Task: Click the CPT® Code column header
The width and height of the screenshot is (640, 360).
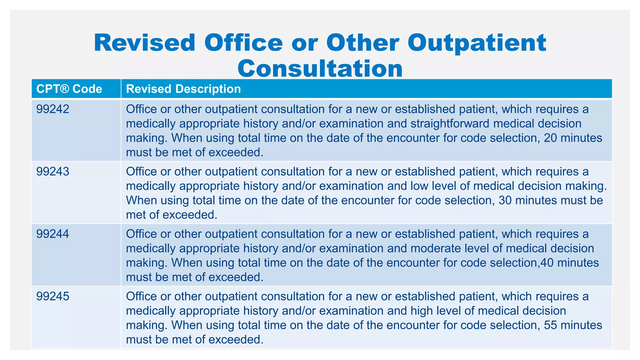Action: [x=69, y=89]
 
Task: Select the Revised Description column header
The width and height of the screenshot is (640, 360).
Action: [x=183, y=89]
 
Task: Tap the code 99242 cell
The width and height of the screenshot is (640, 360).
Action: [x=53, y=109]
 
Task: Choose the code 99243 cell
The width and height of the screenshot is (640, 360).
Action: [x=53, y=172]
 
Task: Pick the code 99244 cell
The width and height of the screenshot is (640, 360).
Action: [x=53, y=234]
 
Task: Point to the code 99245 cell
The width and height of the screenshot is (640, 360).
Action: [x=53, y=296]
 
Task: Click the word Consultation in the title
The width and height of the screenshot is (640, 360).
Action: [x=320, y=68]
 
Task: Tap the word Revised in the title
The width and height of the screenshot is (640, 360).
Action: [x=144, y=43]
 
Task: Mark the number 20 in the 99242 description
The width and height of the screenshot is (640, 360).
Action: [x=550, y=138]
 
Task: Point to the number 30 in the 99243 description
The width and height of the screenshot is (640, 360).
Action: [x=505, y=200]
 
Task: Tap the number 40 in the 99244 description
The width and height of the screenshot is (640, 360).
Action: [x=547, y=263]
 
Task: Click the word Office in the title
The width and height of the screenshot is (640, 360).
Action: [x=243, y=43]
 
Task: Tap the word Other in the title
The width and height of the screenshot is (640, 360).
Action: [x=362, y=43]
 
